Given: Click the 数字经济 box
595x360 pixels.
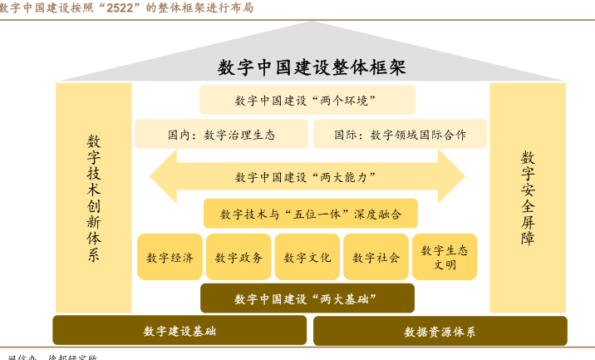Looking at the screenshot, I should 170,257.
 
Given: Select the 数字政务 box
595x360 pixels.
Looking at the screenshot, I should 238,257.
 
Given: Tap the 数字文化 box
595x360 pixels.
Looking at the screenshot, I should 307,257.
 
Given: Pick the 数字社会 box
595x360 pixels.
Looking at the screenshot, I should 376,257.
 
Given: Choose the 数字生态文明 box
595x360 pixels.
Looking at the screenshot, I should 445,257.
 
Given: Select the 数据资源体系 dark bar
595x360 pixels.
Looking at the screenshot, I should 440,331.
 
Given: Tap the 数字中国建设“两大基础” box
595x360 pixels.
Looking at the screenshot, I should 307,298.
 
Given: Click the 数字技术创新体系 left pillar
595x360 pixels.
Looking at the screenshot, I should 94,198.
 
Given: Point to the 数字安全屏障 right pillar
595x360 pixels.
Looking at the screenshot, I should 528,198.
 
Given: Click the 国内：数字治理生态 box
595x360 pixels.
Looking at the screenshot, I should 221,134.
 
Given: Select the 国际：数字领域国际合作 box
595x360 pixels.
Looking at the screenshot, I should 400,134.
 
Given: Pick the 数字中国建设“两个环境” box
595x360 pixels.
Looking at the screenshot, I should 307,100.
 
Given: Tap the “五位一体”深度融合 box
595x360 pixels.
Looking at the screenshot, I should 310,214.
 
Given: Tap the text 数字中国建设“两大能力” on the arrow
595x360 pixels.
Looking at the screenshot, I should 307,176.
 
